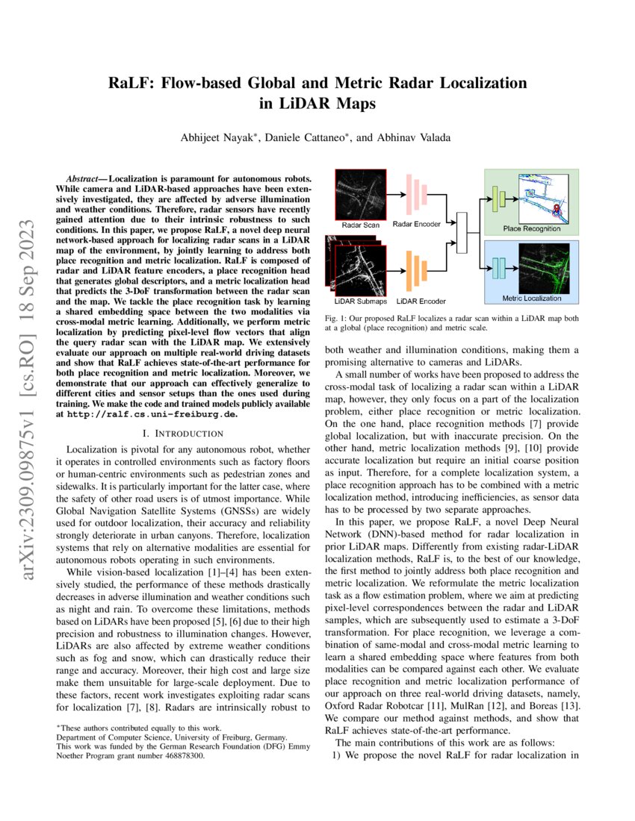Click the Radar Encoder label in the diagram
tap(417, 223)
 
